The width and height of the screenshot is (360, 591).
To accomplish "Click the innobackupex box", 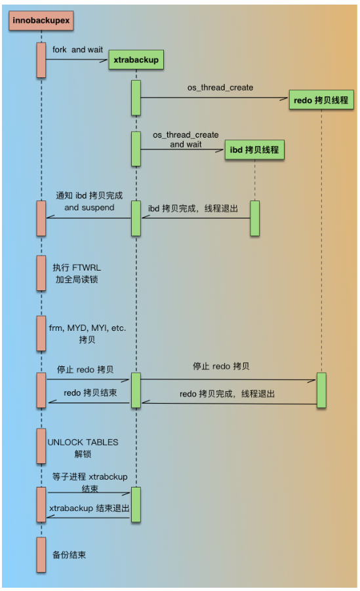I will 40,21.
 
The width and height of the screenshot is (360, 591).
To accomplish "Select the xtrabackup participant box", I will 135,60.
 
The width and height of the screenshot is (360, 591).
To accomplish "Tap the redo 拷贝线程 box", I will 321,100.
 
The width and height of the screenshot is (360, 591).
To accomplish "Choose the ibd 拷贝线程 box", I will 254,149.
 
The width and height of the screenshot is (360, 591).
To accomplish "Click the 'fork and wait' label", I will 77,50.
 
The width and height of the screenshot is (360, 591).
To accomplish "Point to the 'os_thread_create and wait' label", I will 186,139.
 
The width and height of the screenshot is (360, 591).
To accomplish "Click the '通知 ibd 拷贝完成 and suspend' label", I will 89,202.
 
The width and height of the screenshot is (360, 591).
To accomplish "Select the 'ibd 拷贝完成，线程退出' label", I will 193,208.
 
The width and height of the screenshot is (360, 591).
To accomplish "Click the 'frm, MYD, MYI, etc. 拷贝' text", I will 81,332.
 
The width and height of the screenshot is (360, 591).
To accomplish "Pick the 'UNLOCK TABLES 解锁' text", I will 83,448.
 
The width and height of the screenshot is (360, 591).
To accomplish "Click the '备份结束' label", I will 70,554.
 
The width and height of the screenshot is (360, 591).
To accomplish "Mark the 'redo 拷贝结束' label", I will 90,392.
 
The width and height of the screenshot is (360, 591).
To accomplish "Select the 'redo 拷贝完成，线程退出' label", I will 227,394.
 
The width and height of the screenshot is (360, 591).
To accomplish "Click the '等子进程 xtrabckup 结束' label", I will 89,482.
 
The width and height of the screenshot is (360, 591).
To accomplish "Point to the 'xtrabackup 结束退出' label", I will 90,508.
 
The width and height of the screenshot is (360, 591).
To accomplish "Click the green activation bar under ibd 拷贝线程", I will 254,218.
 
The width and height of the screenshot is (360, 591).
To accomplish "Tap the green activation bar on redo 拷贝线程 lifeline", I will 321,390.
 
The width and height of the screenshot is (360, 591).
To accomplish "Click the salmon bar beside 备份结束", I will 41,554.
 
